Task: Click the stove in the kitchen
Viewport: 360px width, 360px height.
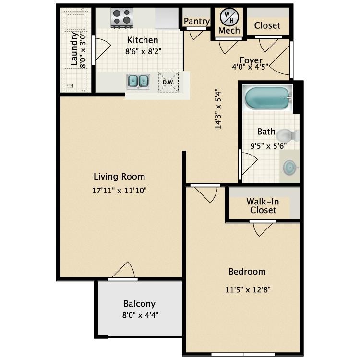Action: [x=122, y=18]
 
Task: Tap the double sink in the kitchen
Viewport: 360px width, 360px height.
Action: [x=138, y=81]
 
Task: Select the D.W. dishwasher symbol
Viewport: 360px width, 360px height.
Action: [x=168, y=82]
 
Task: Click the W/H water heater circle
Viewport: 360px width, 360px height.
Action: [x=228, y=17]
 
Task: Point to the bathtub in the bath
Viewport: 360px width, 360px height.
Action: [x=267, y=98]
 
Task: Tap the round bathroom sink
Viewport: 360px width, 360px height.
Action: [x=289, y=168]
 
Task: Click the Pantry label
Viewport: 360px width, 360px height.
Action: [x=197, y=22]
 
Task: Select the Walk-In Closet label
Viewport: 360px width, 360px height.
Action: [x=262, y=206]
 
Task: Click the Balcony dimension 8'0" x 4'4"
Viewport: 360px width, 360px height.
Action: [x=140, y=315]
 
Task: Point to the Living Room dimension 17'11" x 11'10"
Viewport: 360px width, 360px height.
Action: [x=119, y=190]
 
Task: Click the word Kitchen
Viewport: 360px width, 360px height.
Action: [x=142, y=40]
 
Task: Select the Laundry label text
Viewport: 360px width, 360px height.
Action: [x=74, y=49]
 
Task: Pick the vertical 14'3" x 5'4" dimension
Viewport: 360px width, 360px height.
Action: [x=219, y=108]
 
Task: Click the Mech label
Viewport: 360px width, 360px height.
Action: [x=228, y=30]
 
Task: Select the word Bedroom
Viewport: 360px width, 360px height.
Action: [x=247, y=272]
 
